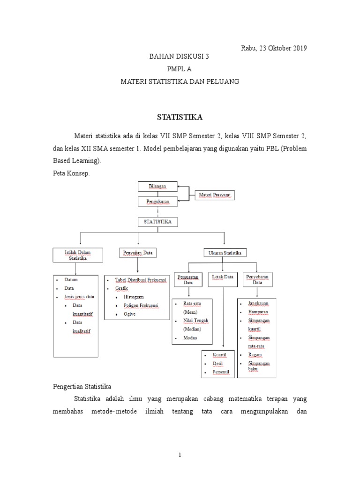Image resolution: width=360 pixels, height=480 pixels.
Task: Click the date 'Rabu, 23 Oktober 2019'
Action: click(274, 48)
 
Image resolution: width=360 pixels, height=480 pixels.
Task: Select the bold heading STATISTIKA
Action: click(180, 116)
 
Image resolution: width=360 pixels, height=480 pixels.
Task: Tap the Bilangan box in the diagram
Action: click(157, 187)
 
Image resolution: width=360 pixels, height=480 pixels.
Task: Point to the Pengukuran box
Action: click(157, 202)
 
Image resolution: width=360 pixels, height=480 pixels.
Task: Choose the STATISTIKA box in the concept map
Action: click(157, 221)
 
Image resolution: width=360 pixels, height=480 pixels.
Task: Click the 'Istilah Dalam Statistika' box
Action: click(77, 255)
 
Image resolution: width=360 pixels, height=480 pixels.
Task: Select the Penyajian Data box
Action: click(137, 253)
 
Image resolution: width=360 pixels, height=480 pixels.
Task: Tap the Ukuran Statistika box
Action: click(225, 253)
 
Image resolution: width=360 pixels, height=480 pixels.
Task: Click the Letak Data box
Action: click(222, 277)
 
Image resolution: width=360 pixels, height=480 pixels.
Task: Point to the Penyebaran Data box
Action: click(257, 280)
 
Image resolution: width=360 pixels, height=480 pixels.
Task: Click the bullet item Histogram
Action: click(134, 297)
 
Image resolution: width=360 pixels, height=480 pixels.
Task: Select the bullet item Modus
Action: click(190, 337)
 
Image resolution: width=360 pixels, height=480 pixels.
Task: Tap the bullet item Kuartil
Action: click(219, 355)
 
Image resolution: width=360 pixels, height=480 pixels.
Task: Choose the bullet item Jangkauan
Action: click(258, 304)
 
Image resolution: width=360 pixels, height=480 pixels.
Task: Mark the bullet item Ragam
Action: click(255, 355)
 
